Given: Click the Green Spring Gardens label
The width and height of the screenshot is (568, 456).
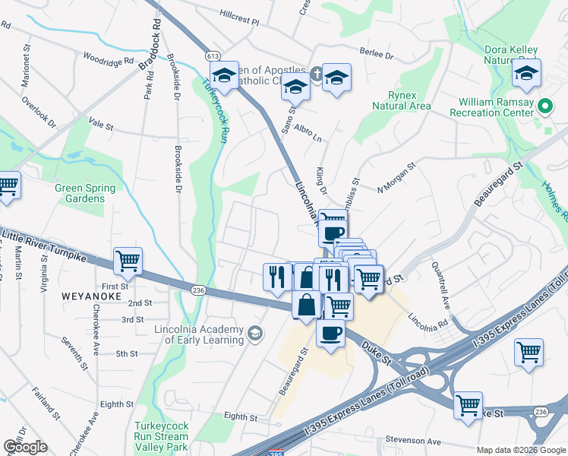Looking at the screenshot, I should (x=85, y=194).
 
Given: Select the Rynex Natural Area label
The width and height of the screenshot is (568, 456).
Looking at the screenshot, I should (x=401, y=100).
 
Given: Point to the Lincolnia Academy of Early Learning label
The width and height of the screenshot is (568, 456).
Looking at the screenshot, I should (x=198, y=334).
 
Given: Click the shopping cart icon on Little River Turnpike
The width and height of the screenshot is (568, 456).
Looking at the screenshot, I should (x=128, y=261).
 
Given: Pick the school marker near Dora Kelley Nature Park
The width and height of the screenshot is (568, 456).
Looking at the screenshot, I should (x=525, y=74).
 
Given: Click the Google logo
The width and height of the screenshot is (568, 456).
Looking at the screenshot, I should (x=25, y=447).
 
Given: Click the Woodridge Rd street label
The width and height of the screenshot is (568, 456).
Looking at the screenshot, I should (x=108, y=59).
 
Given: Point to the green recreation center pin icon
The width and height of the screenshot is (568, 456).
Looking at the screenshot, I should (x=544, y=107).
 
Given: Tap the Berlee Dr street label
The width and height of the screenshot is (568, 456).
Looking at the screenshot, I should (x=377, y=54).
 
